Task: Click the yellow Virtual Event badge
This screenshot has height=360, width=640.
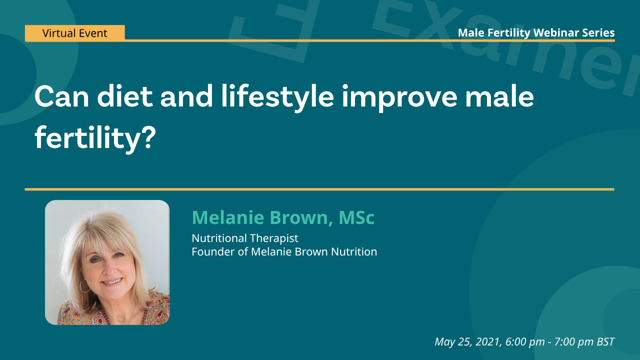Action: [x=74, y=33]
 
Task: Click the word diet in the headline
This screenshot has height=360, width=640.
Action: [x=125, y=97]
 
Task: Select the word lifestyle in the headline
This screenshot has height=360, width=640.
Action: [x=278, y=97]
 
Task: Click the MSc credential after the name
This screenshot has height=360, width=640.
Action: [x=356, y=217]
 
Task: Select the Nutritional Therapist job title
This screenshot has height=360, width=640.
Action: [x=245, y=238]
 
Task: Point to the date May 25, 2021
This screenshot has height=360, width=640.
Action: [x=467, y=341]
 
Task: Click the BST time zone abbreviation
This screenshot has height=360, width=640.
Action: [x=605, y=341]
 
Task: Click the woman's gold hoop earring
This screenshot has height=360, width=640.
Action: [x=84, y=286]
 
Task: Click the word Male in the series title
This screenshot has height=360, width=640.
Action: [x=469, y=33]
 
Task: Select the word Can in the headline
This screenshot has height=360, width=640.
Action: [x=61, y=97]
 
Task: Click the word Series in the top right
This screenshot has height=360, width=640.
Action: [x=598, y=33]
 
